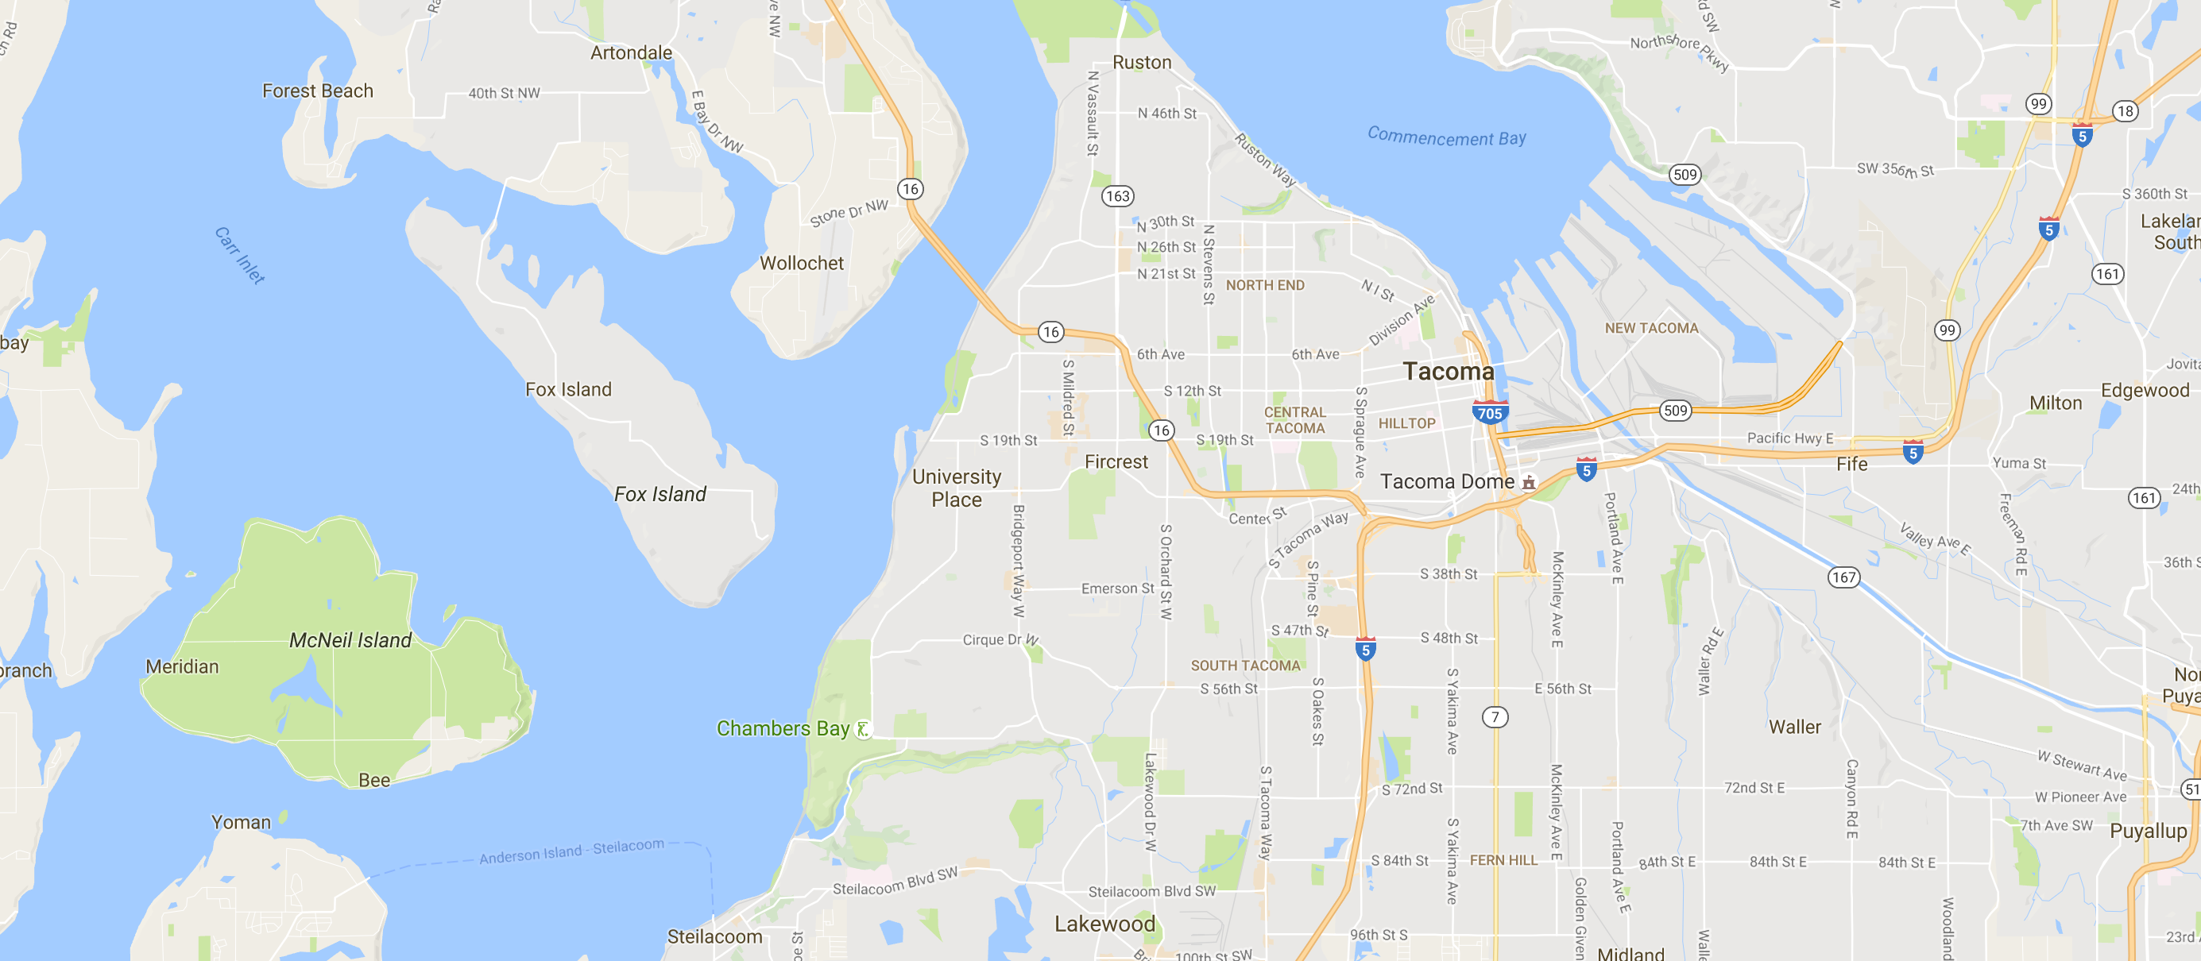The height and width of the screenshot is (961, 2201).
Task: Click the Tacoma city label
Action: point(1449,372)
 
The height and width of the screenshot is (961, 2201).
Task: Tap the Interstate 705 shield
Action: point(1489,412)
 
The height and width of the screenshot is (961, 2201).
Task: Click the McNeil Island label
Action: point(350,640)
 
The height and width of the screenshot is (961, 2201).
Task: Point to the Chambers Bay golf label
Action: point(783,728)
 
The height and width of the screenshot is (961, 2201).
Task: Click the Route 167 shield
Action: point(1843,577)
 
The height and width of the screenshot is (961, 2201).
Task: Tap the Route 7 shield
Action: point(1495,716)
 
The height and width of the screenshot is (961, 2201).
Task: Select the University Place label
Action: point(956,488)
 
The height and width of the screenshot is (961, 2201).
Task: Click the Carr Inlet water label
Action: point(239,255)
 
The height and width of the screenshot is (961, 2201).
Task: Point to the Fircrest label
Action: point(1116,461)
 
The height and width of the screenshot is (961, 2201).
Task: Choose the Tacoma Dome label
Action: point(1448,482)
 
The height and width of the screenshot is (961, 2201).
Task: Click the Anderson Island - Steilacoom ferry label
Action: point(571,851)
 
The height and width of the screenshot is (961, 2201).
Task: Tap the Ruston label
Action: point(1142,63)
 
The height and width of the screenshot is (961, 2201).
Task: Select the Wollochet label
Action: point(802,263)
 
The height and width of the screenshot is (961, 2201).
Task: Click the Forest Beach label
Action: point(317,91)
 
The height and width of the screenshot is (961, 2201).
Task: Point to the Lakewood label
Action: point(1104,924)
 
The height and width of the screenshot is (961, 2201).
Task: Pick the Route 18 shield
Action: point(2124,111)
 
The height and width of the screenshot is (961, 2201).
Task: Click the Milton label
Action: point(2055,403)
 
